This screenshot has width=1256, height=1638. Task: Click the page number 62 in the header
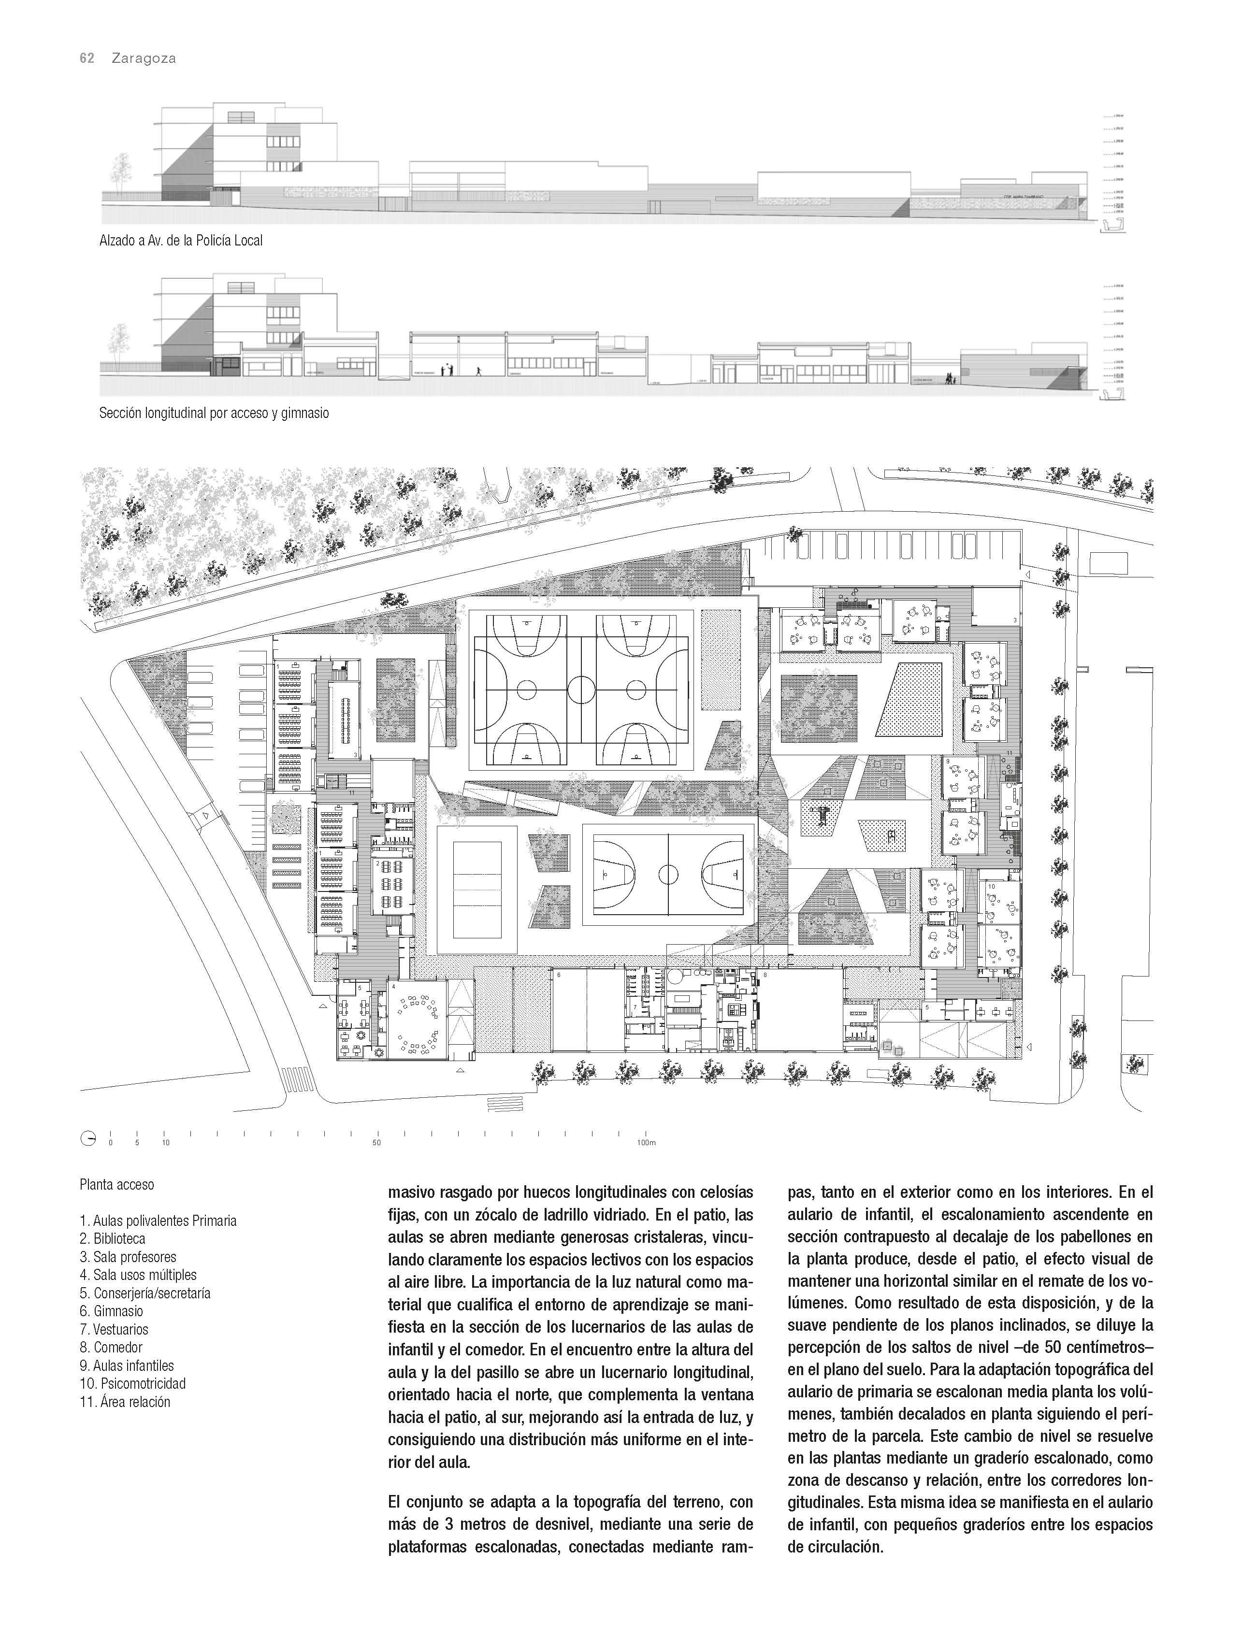click(x=87, y=58)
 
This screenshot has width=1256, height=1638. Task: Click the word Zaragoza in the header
click(x=144, y=58)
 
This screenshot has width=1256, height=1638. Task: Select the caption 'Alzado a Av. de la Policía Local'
click(x=181, y=241)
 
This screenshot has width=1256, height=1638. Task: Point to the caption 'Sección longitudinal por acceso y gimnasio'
click(x=214, y=413)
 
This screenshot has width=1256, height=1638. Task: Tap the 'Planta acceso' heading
click(x=116, y=1184)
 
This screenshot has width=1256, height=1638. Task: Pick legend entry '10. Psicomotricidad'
click(x=132, y=1383)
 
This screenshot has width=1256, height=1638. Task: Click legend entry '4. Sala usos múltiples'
click(x=138, y=1275)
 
